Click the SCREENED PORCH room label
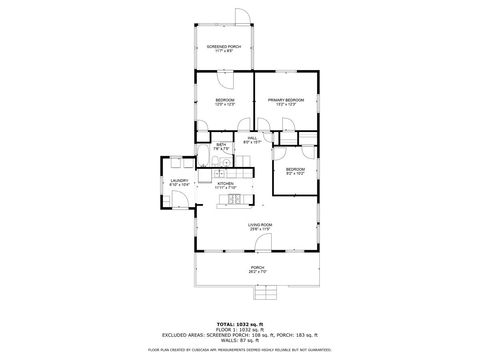click(224, 47)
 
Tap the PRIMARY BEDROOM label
click(286, 101)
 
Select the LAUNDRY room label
click(180, 181)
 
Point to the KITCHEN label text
click(226, 184)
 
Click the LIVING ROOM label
click(261, 225)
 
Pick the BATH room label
click(222, 146)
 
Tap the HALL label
click(252, 139)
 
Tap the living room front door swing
click(262, 243)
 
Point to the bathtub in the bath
click(224, 160)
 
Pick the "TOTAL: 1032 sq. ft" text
click(240, 325)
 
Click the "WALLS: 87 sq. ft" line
click(240, 340)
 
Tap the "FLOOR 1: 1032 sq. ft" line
click(240, 330)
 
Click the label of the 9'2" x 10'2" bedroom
click(295, 170)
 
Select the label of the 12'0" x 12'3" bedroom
click(225, 101)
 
